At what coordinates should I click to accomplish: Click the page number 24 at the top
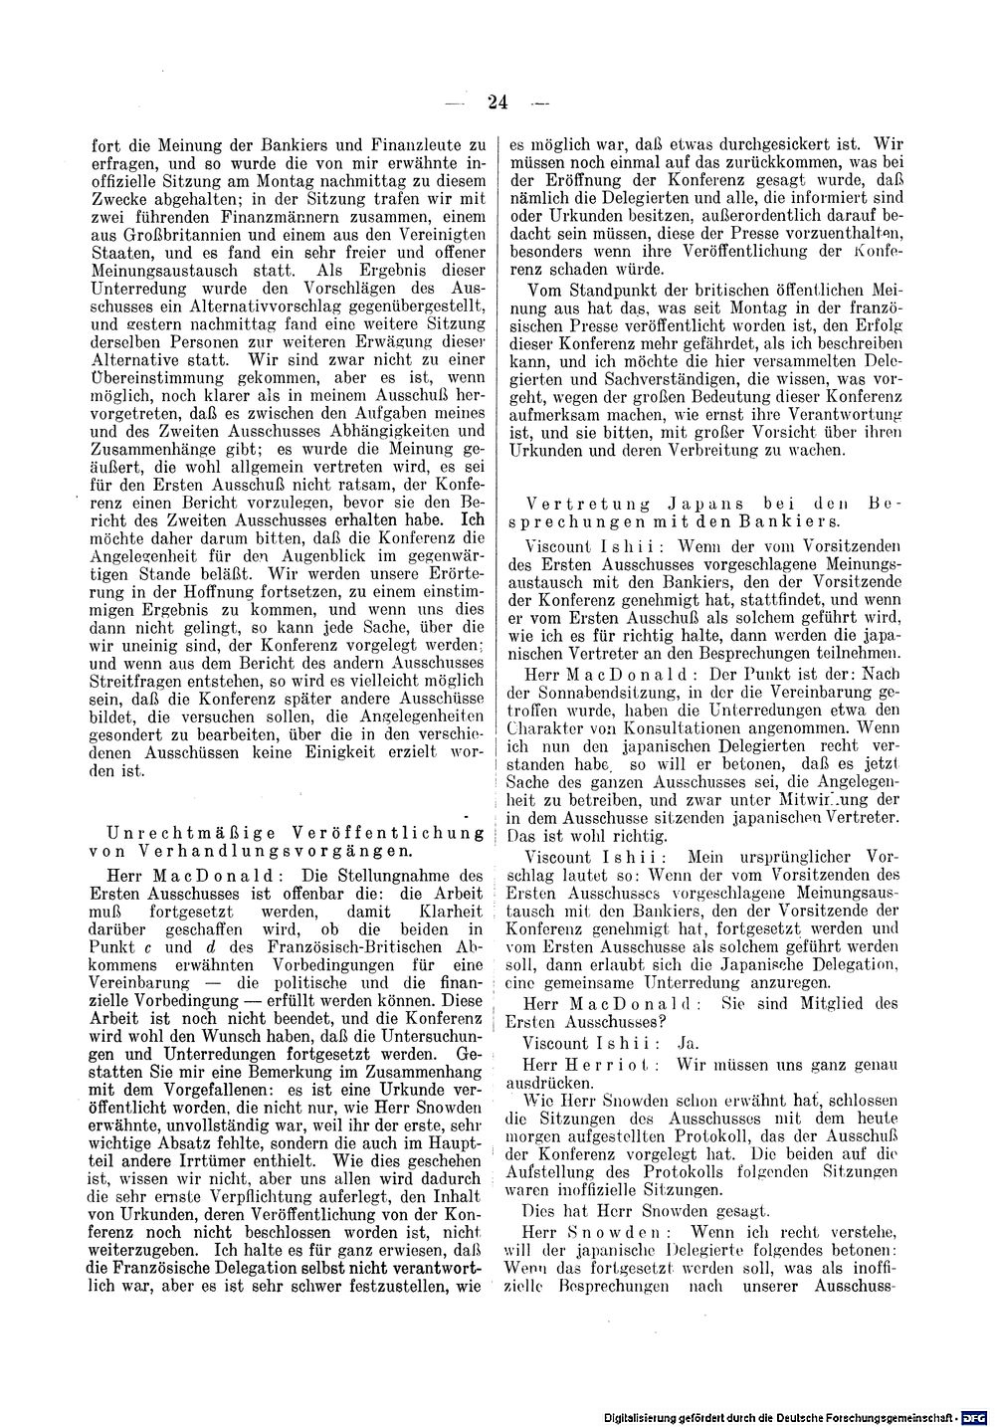pos(497,101)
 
